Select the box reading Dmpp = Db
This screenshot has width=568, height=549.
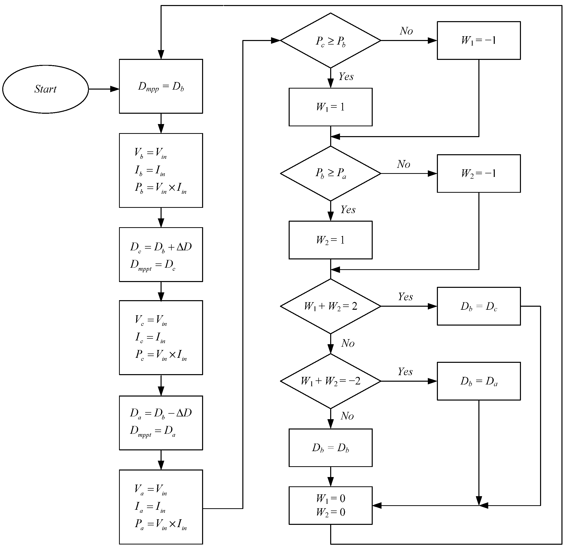(161, 86)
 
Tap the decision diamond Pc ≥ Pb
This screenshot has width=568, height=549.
(330, 41)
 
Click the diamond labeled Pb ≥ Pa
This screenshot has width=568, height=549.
(330, 173)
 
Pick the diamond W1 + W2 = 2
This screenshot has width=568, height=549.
(330, 306)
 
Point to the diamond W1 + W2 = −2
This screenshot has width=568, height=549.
(330, 381)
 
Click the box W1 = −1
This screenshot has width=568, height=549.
(478, 41)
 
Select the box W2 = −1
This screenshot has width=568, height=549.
(478, 173)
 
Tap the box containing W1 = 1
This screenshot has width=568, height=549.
(330, 107)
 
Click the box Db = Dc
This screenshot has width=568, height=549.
(478, 306)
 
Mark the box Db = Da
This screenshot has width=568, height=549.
(478, 381)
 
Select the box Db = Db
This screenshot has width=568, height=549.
(330, 448)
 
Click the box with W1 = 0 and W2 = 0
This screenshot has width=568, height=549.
(330, 505)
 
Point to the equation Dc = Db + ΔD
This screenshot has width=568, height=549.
(161, 247)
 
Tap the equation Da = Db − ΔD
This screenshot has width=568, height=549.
(161, 413)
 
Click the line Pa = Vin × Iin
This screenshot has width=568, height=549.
(161, 524)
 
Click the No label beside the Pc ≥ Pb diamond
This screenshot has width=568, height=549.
(406, 31)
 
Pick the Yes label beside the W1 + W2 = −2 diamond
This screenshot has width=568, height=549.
(405, 372)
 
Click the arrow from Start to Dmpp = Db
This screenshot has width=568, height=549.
(104, 89)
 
